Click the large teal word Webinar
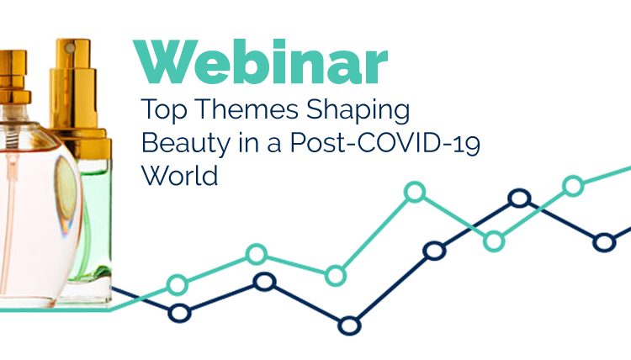260,61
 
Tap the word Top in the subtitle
164,109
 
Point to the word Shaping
358,110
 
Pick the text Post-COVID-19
385,143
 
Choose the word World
180,176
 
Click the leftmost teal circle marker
177,285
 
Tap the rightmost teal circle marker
573,186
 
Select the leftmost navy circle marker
179,313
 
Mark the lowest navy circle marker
349,326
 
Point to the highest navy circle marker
519,199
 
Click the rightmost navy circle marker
604,242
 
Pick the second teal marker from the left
256,254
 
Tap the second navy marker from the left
264,283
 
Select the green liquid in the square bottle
97,225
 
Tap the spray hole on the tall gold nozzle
71,48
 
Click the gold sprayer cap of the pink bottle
14,77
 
